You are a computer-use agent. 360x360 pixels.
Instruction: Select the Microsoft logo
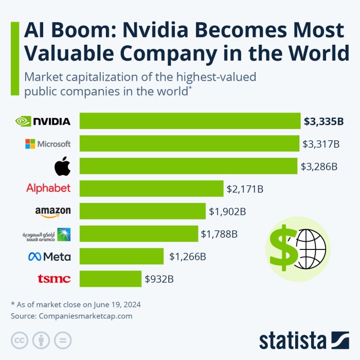[48, 144]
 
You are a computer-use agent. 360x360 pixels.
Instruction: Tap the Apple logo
[62, 167]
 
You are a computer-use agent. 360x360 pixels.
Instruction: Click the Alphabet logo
[48, 188]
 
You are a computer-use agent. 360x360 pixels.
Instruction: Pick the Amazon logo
[53, 211]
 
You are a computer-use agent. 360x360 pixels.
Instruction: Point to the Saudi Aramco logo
[47, 235]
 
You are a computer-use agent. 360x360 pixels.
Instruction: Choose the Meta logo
[50, 257]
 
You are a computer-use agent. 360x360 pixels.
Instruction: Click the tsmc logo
[54, 279]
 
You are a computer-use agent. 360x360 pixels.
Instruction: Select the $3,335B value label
[323, 122]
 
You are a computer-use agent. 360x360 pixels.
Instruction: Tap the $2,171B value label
[245, 189]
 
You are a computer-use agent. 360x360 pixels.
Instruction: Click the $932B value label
[159, 279]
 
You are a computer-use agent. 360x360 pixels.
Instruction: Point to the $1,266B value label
[187, 257]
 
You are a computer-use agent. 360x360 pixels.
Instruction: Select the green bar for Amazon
[142, 211]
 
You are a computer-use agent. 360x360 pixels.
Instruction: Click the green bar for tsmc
[110, 279]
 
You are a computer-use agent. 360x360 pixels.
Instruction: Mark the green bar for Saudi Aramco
[139, 234]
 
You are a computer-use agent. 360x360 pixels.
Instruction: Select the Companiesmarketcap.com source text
[85, 316]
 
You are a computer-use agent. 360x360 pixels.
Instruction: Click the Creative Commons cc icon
[20, 340]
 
